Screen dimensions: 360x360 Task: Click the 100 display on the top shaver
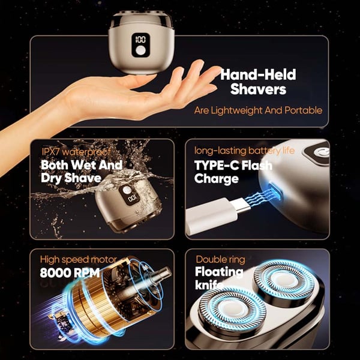click(140, 40)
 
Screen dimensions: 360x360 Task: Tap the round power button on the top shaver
click(140, 50)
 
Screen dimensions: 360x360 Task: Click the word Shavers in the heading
click(258, 89)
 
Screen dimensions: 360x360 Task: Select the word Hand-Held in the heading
click(258, 74)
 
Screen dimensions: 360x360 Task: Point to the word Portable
click(303, 110)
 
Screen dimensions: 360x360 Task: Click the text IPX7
click(51, 152)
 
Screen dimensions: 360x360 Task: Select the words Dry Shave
click(71, 178)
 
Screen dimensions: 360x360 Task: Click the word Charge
click(216, 179)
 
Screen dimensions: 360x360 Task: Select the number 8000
click(56, 273)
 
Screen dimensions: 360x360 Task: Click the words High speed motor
click(78, 259)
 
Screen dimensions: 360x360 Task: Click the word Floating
click(219, 272)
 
